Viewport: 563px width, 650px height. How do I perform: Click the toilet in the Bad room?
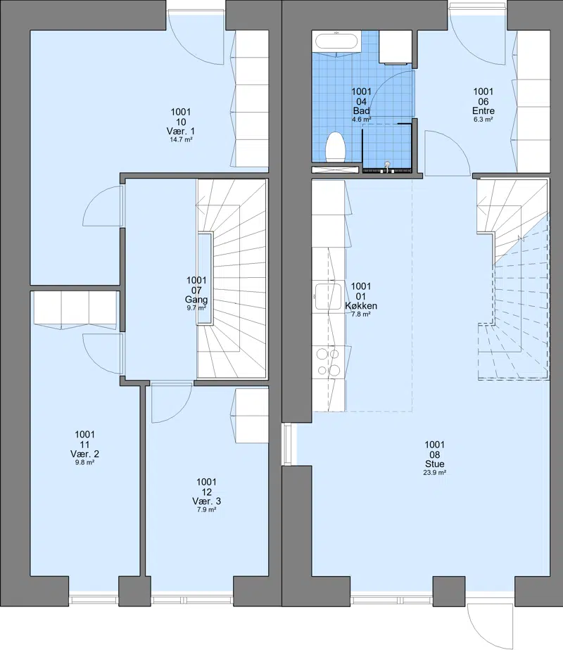click(x=336, y=147)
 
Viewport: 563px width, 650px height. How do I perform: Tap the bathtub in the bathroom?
click(x=336, y=42)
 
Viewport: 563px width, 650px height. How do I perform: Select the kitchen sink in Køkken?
click(x=328, y=296)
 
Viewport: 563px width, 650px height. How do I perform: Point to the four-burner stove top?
click(x=328, y=362)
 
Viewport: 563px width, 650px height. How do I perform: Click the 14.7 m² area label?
click(x=181, y=140)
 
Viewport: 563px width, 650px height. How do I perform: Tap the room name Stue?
click(x=434, y=464)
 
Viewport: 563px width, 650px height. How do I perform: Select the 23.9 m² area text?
click(x=434, y=473)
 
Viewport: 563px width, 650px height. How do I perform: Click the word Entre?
click(x=483, y=110)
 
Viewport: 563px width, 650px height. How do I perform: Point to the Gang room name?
click(x=196, y=299)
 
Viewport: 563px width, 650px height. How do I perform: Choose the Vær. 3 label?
click(x=206, y=501)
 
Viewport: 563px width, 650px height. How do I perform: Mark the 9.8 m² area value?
click(x=84, y=463)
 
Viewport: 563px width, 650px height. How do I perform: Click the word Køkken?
click(x=361, y=306)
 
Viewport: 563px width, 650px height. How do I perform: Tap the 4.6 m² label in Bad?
click(x=362, y=120)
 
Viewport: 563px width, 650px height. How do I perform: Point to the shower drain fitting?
click(x=388, y=167)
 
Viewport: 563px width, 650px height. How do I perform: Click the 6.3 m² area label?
click(x=483, y=120)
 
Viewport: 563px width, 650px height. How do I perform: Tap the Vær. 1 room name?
click(x=181, y=131)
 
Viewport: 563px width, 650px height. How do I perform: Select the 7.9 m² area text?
click(x=206, y=510)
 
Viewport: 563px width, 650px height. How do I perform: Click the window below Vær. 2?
click(x=94, y=599)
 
